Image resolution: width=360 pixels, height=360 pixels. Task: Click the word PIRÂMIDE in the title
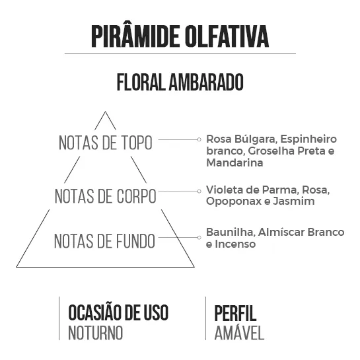(x=135, y=36)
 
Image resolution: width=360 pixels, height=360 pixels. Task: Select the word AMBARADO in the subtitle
(x=206, y=82)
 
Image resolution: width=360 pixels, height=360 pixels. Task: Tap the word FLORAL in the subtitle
(x=141, y=82)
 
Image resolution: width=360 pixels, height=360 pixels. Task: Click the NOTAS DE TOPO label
(x=106, y=143)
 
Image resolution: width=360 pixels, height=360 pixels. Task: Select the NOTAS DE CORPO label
(x=106, y=196)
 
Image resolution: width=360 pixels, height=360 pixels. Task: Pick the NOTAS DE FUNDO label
(x=104, y=241)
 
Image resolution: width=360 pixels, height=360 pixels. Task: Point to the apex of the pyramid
(x=105, y=112)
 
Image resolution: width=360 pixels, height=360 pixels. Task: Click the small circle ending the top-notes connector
(x=199, y=139)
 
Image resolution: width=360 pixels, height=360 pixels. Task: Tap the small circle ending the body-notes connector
(x=199, y=191)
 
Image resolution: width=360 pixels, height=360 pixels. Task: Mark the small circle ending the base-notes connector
(x=199, y=237)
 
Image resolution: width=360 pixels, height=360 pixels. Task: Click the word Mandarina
(x=234, y=162)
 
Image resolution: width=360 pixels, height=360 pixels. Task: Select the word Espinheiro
(x=308, y=139)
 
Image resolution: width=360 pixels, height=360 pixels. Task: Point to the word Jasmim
(x=294, y=201)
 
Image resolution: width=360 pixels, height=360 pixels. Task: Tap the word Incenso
(x=235, y=244)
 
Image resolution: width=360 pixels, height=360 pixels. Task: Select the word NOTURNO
(x=96, y=333)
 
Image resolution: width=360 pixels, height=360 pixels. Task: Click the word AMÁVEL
(x=239, y=333)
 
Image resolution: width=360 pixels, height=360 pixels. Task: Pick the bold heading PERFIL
(x=235, y=313)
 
